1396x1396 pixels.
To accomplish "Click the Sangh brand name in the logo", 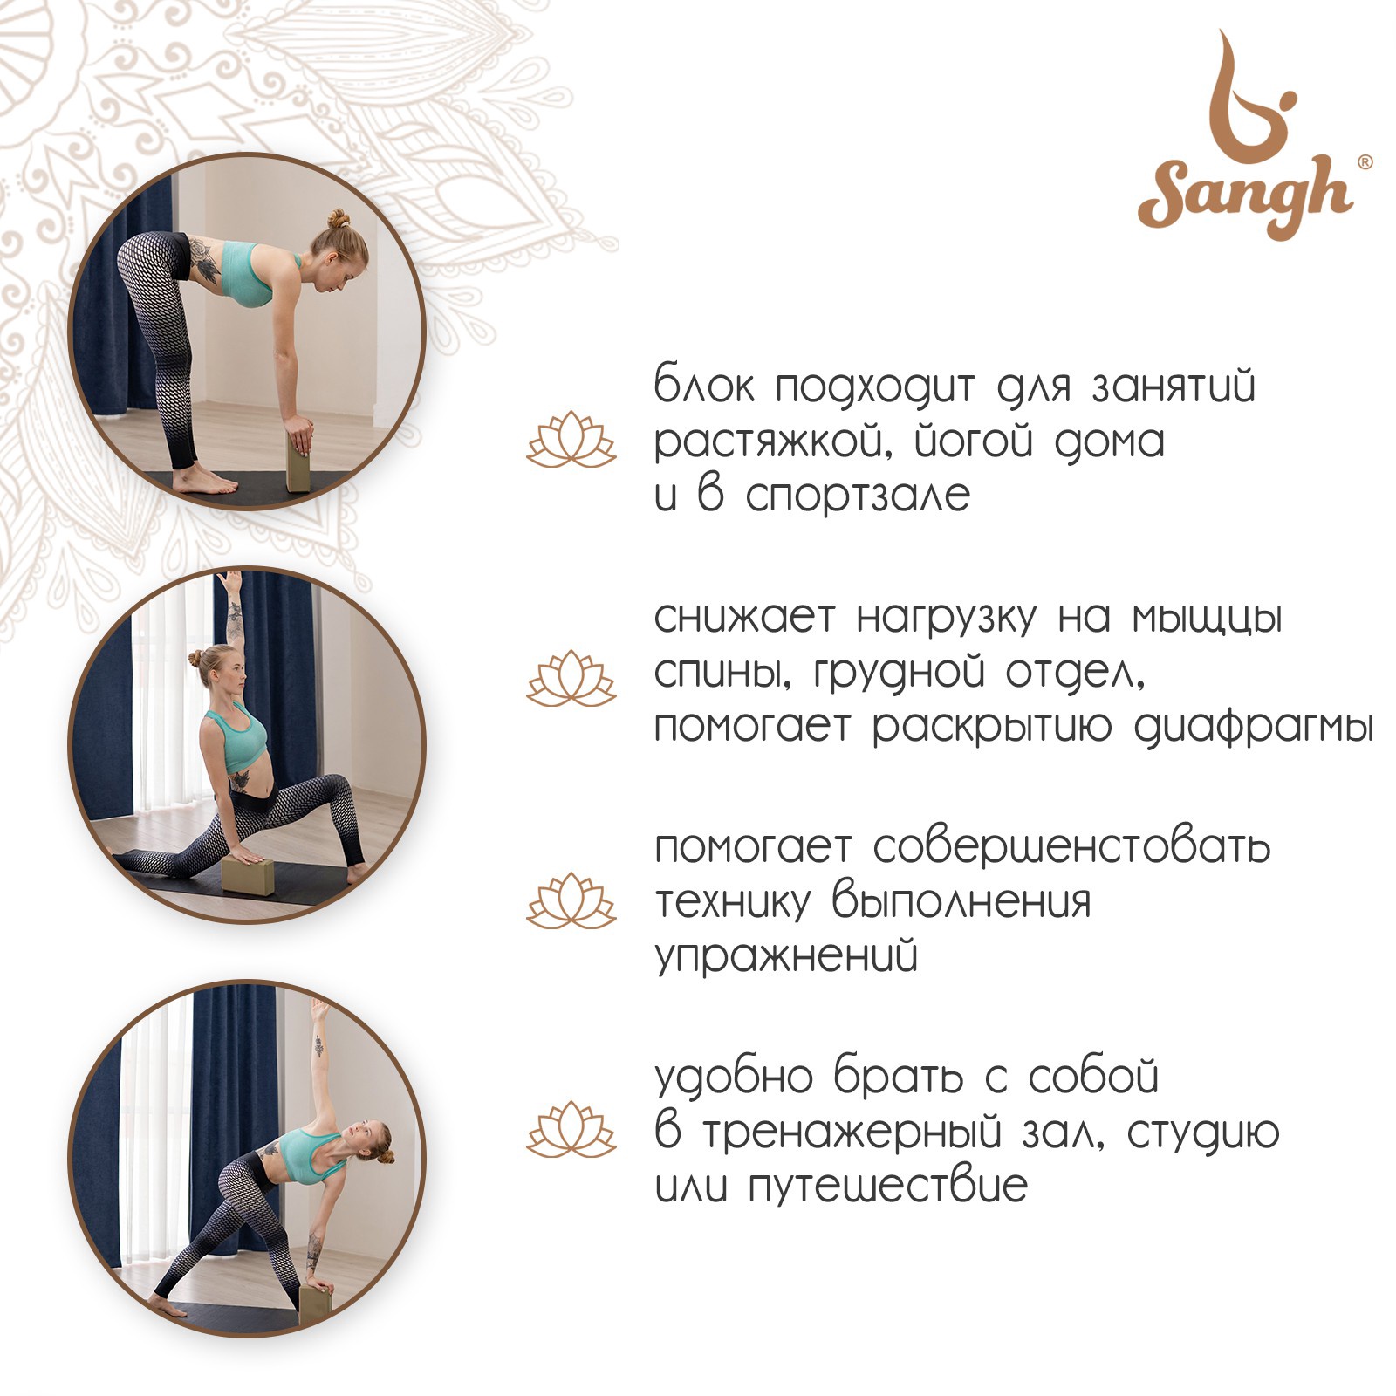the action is point(1245,197).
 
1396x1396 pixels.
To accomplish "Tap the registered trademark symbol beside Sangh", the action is point(1365,162).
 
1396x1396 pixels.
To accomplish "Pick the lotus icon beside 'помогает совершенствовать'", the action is point(571,900).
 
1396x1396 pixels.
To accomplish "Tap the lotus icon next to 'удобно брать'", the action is point(571,1129).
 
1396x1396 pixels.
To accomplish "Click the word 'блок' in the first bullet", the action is point(705,385).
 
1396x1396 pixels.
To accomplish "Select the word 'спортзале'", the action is point(859,496).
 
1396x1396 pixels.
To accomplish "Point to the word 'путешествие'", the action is point(888,1186).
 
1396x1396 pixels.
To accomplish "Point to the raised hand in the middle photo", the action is point(229,581).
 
